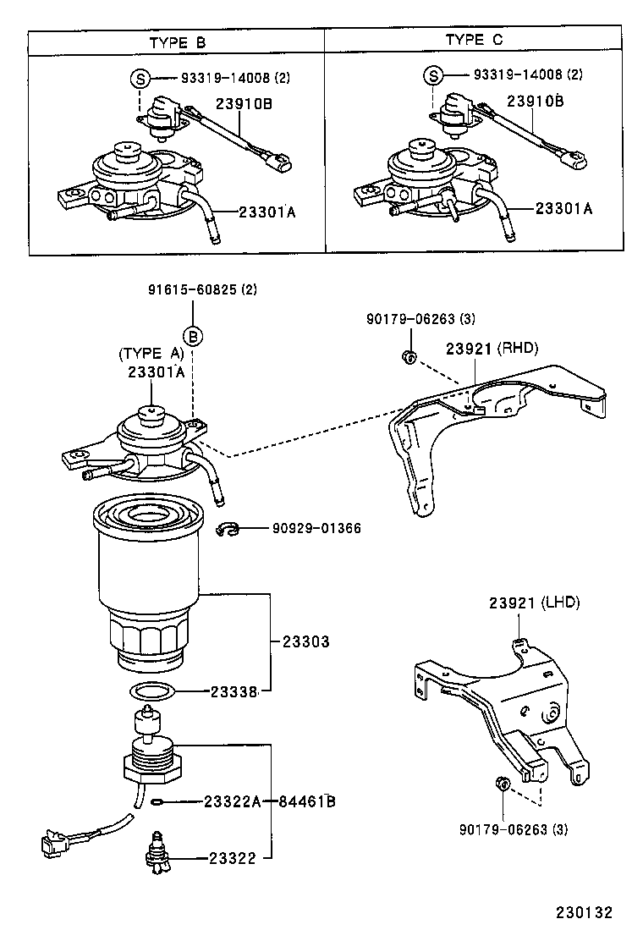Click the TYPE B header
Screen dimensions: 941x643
tap(177, 41)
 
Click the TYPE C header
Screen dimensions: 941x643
tap(475, 41)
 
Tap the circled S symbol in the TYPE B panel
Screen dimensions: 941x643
tap(140, 79)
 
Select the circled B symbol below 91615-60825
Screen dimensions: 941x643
tap(194, 337)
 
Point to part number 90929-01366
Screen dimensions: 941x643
tap(316, 529)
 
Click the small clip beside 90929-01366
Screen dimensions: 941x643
tap(227, 529)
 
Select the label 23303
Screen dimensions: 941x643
tap(300, 642)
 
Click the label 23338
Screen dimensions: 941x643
tap(234, 691)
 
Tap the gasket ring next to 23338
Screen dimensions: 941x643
tap(153, 691)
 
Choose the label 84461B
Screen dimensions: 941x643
tap(307, 801)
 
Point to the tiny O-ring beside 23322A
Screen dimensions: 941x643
tap(158, 801)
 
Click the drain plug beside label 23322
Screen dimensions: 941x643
tap(157, 856)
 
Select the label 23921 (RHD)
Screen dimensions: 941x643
tap(492, 348)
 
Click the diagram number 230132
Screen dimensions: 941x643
tap(583, 913)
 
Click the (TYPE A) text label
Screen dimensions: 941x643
tap(151, 354)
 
